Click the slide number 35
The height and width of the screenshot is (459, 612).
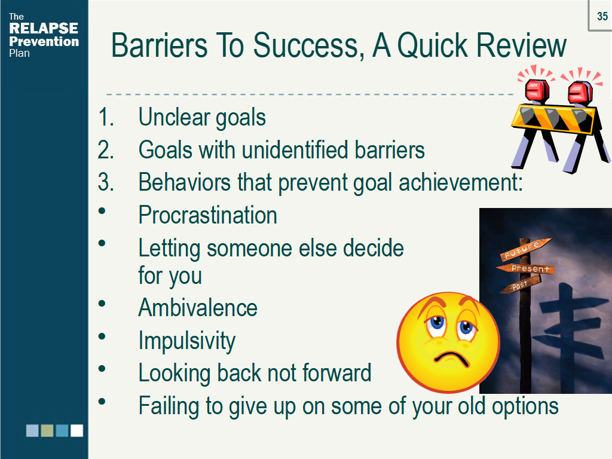(x=602, y=16)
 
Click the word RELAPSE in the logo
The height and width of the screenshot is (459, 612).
(x=44, y=29)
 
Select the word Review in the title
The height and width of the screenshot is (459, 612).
(x=521, y=45)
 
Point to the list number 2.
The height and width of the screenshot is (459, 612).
(x=106, y=150)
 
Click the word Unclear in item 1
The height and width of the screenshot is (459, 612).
(x=174, y=117)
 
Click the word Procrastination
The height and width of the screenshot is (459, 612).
(x=207, y=215)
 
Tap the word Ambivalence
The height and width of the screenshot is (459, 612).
(x=198, y=308)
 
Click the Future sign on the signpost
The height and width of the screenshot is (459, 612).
(x=525, y=249)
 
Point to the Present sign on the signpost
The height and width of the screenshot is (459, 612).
(x=525, y=268)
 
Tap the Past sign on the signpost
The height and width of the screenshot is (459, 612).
(x=521, y=284)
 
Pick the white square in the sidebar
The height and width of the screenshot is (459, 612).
(x=77, y=430)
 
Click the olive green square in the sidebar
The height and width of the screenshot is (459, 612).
(x=47, y=430)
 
